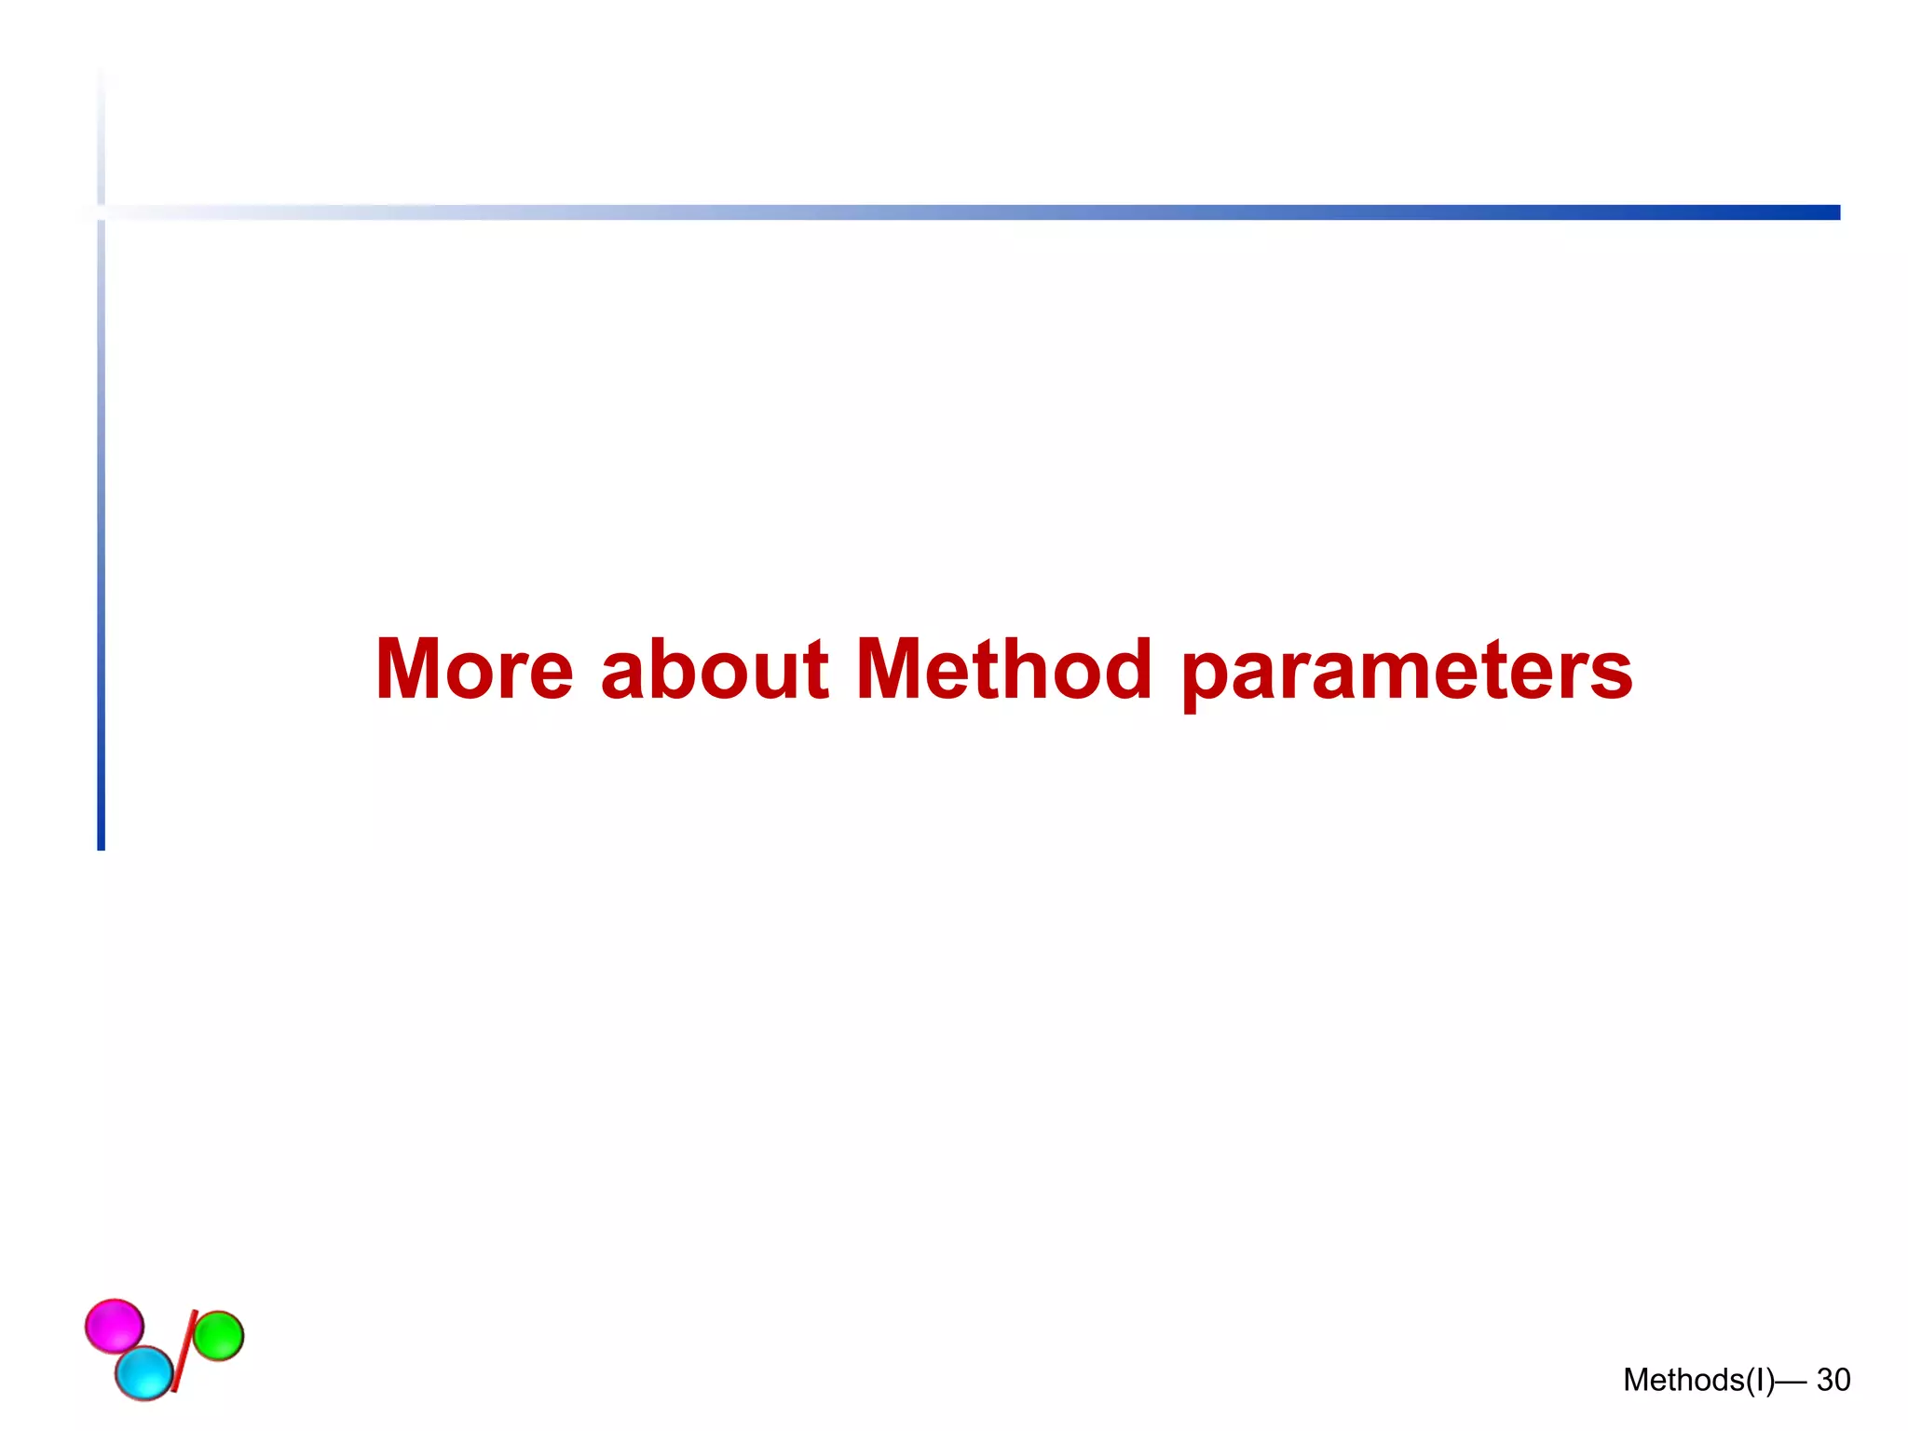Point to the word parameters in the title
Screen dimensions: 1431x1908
1406,673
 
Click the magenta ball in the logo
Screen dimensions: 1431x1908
115,1325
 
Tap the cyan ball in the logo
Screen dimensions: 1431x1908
144,1372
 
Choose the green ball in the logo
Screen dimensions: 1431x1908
218,1336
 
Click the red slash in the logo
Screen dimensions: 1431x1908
184,1351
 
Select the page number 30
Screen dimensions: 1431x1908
1833,1380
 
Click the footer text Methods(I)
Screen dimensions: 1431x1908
1697,1380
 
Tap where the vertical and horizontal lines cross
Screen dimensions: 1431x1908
101,212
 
